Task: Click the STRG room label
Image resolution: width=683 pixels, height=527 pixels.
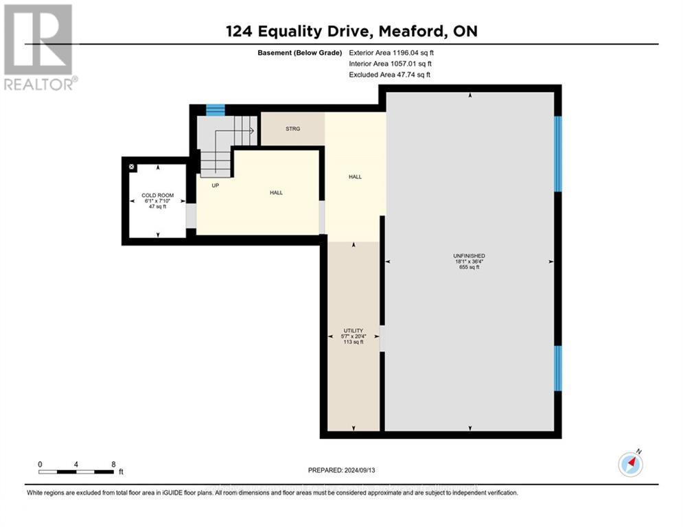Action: coord(292,128)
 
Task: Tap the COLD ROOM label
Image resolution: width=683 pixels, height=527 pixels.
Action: coord(158,196)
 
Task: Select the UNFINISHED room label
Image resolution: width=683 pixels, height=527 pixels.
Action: coord(470,256)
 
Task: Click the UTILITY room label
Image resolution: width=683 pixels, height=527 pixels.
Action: coord(354,331)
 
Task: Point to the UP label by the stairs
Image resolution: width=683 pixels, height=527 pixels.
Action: coord(215,185)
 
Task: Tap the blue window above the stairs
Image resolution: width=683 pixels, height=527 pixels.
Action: coord(216,110)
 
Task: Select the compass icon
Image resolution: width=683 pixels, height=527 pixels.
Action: coord(630,465)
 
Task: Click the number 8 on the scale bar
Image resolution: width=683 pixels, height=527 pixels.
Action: coord(113,464)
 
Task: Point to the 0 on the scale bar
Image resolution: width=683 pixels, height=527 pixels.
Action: coord(40,464)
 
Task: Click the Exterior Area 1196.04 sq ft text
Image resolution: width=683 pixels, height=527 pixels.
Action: coord(391,53)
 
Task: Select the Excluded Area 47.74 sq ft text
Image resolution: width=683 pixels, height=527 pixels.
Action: coord(390,75)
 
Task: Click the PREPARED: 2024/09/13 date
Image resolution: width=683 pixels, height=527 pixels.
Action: coord(341,470)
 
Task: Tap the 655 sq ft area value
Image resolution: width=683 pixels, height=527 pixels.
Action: coord(469,268)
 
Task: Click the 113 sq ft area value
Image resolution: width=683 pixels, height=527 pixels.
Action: coord(354,342)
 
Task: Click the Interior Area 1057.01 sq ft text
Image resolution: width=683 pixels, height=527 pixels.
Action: coord(391,64)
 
